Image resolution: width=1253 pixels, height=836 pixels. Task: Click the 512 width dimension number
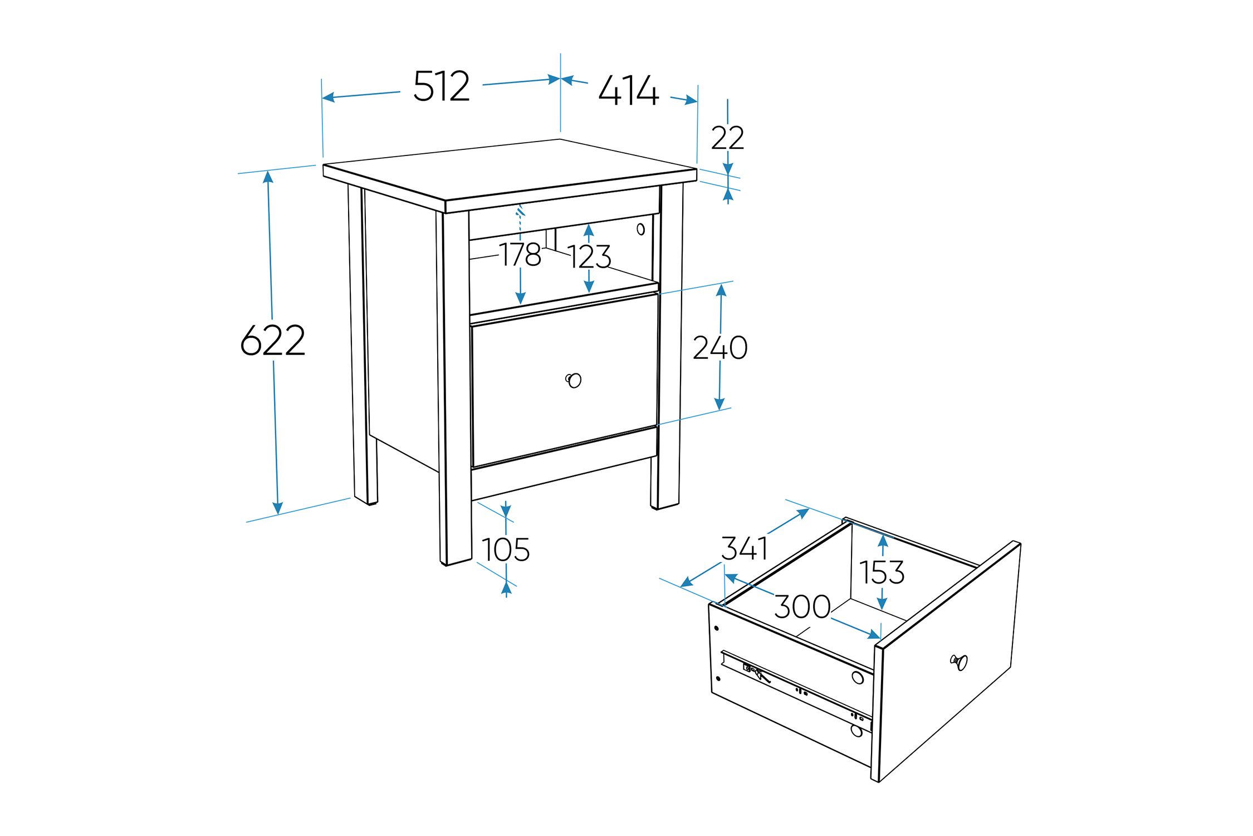tap(442, 86)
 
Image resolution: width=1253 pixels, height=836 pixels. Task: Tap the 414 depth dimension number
tap(629, 90)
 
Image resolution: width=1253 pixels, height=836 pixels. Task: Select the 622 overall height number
tap(273, 340)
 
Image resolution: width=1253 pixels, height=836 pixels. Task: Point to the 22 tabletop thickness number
tap(727, 138)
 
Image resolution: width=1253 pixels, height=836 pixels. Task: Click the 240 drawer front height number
tap(720, 348)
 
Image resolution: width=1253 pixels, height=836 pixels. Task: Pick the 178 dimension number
tap(520, 255)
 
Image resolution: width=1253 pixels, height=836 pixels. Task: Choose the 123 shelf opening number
tap(590, 257)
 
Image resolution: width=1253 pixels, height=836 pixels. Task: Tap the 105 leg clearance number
tap(506, 550)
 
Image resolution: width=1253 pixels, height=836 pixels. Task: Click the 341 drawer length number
tap(745, 548)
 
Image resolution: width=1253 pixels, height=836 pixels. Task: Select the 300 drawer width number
tap(802, 606)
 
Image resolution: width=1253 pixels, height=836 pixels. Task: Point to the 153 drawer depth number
tap(882, 572)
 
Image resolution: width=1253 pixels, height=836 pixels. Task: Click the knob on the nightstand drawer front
tap(574, 380)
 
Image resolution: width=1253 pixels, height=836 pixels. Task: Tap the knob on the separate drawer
tap(959, 662)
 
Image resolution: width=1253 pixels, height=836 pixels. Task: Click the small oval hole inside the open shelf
tap(640, 229)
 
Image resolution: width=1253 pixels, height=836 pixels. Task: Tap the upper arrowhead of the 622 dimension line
tap(268, 177)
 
